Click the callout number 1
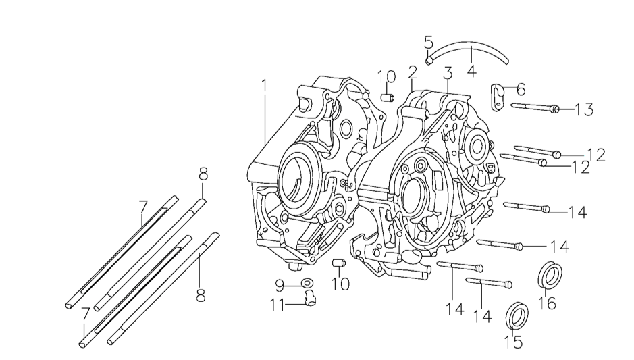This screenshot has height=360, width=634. pos(265,86)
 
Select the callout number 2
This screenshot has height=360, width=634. pos(412,74)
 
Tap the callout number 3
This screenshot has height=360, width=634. pos(447,74)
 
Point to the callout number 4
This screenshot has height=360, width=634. pos(471,69)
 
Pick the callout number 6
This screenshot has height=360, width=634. pos(520,89)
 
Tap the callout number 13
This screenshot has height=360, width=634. pos(584,110)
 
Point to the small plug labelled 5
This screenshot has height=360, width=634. pos(429,60)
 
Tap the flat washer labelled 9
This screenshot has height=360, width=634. pos(307,282)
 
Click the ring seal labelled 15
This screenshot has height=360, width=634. pos(517,315)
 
